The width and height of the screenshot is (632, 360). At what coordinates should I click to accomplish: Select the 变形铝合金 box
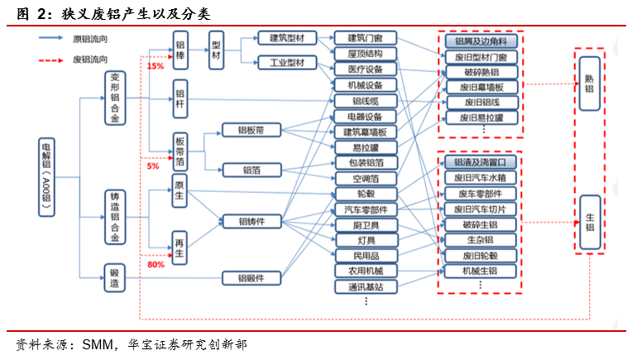click(x=115, y=97)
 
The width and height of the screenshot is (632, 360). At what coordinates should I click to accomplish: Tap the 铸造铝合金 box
click(x=115, y=218)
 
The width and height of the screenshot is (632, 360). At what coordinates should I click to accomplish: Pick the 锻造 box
click(x=115, y=276)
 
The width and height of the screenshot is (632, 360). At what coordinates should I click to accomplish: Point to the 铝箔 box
click(x=251, y=170)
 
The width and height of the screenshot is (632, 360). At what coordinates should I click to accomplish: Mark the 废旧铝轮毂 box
click(x=481, y=256)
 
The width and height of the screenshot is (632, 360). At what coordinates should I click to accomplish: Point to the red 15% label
click(x=155, y=65)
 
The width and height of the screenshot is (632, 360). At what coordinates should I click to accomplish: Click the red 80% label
click(x=155, y=265)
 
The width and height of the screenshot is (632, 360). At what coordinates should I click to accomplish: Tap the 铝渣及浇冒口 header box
click(x=481, y=162)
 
